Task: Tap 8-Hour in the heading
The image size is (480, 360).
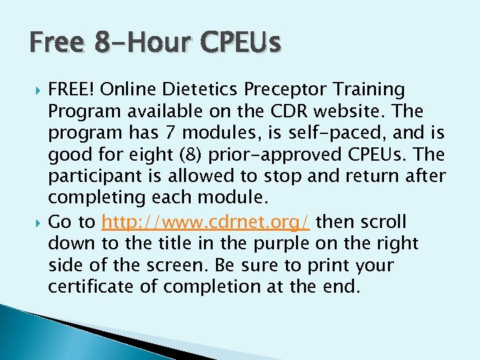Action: tap(138, 43)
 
